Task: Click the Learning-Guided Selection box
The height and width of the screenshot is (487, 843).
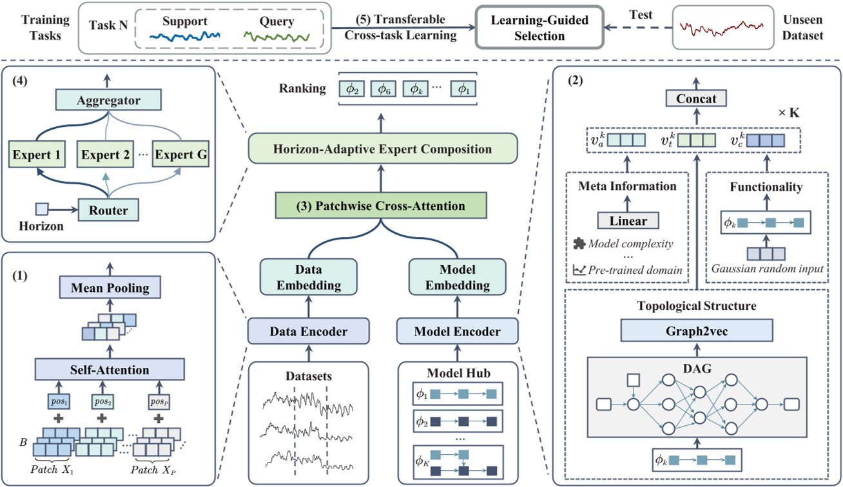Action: coord(539,28)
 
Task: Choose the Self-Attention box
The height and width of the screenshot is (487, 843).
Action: coord(109,370)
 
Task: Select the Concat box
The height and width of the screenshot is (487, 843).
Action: coord(696,99)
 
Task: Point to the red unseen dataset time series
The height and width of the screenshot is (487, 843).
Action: coord(722,28)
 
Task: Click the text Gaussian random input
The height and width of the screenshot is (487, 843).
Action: coord(766,269)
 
